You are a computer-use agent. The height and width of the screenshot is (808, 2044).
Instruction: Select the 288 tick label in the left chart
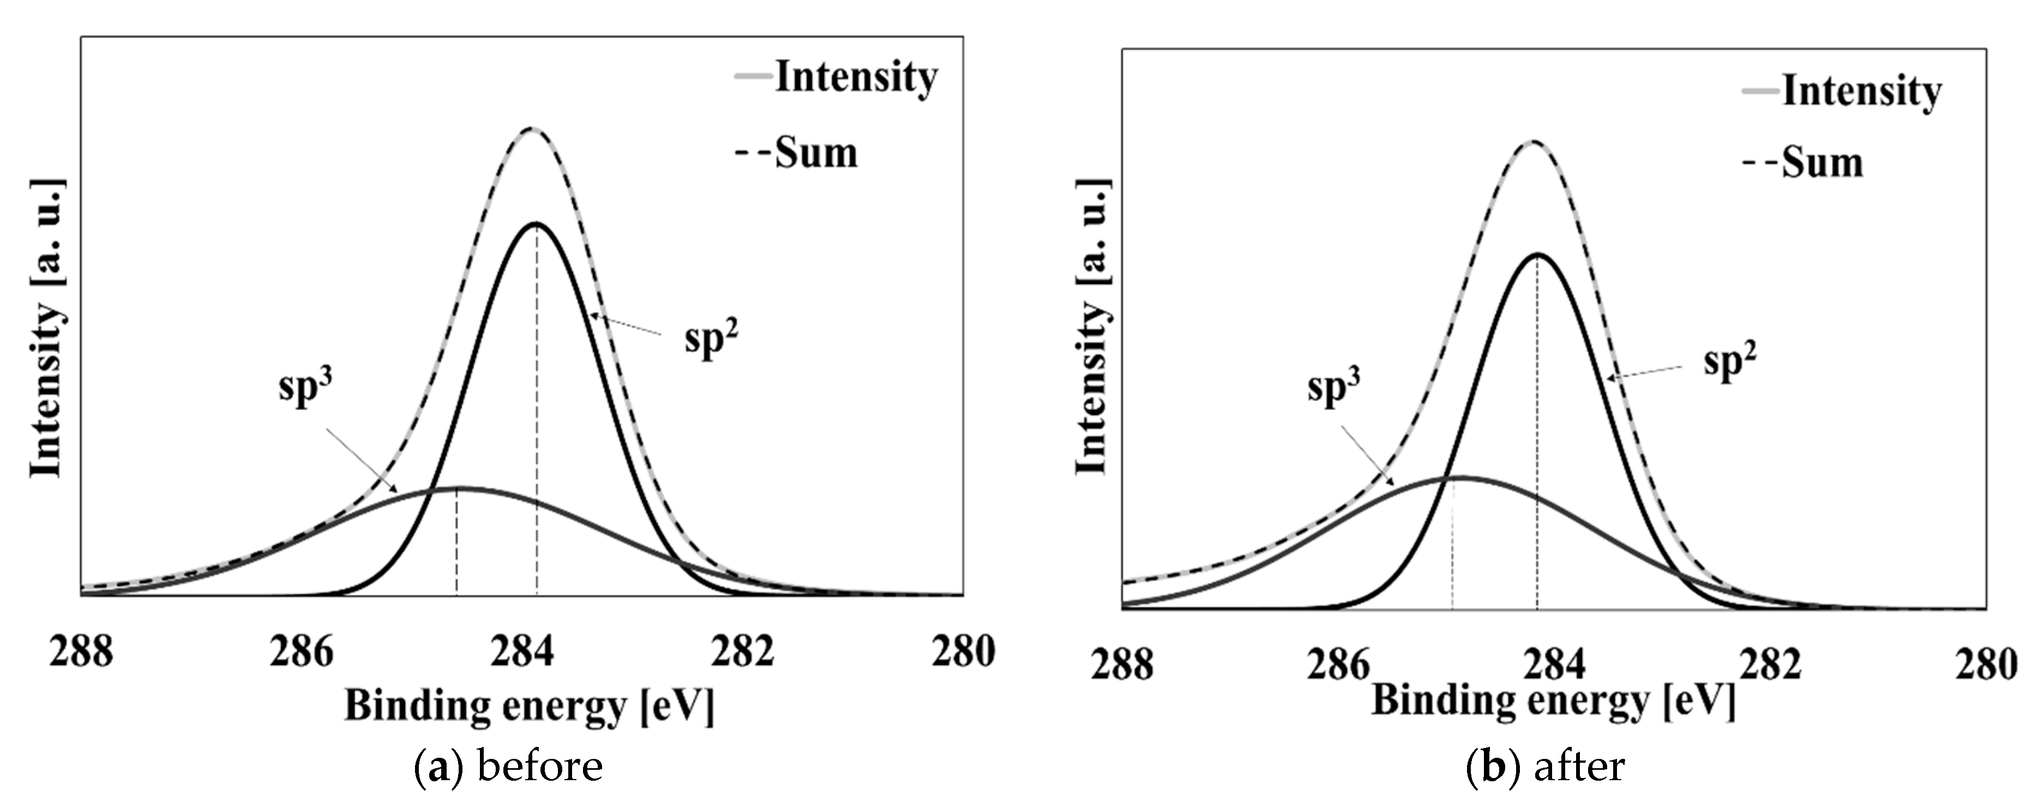81,653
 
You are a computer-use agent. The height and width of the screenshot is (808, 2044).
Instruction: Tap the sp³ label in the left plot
305,389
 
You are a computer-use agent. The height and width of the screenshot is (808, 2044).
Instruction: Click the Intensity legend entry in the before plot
855,78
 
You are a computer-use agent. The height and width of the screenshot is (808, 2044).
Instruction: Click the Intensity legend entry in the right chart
1861,91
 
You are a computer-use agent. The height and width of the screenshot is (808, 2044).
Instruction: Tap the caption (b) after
1544,767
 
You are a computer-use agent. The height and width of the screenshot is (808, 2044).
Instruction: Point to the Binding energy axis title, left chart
528,705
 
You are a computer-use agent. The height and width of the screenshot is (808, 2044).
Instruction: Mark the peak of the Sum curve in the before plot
532,129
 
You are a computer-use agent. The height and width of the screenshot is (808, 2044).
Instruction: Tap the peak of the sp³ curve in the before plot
458,487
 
